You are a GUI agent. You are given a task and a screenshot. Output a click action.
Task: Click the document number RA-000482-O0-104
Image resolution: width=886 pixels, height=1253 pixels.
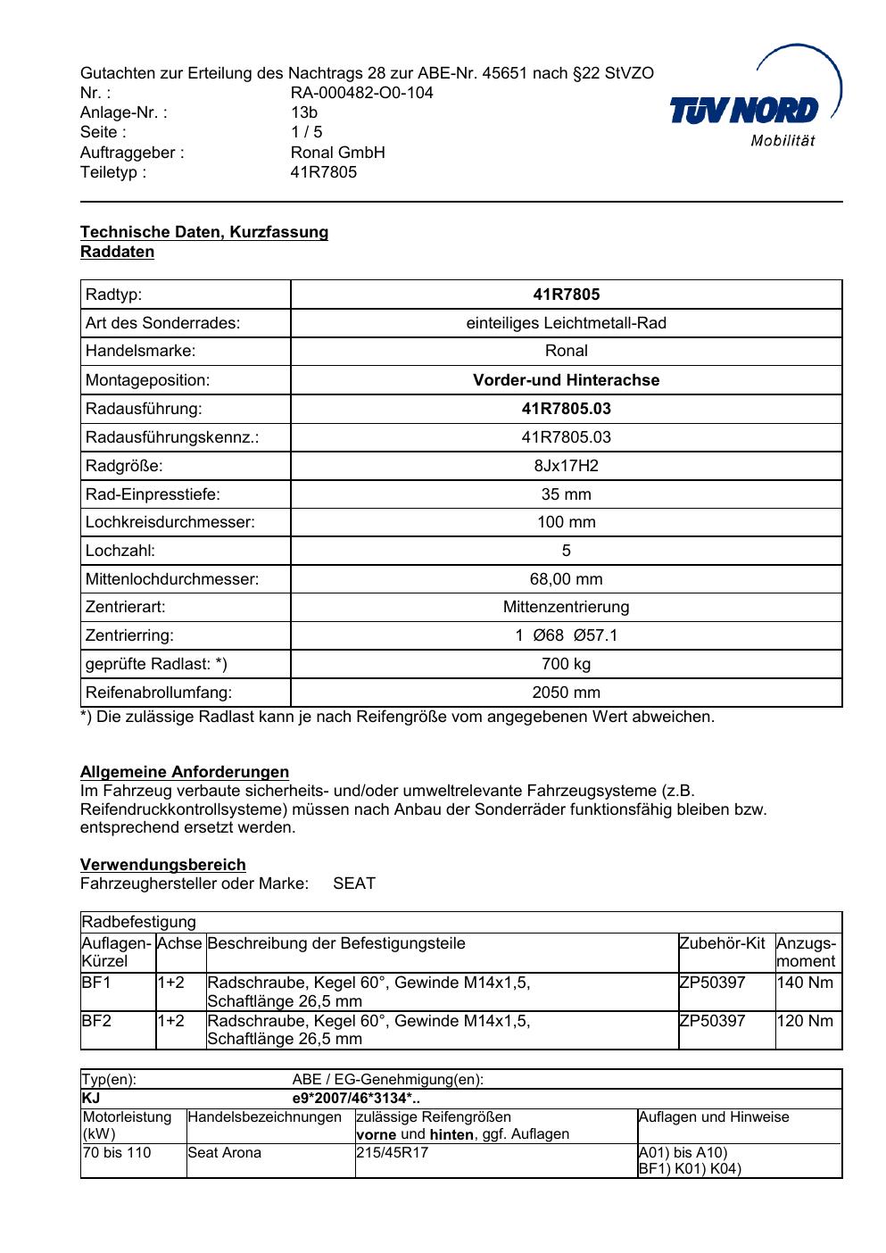pyautogui.click(x=361, y=93)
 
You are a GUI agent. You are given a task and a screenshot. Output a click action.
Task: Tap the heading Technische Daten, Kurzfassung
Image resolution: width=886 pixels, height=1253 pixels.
pyautogui.click(x=204, y=232)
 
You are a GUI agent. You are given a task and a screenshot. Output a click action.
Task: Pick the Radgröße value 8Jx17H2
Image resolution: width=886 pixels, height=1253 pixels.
pyautogui.click(x=566, y=466)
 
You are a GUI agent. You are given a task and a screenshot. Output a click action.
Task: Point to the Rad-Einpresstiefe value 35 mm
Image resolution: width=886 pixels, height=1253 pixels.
pyautogui.click(x=566, y=494)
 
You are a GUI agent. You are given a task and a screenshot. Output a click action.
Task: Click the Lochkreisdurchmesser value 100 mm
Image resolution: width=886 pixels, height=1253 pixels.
pyautogui.click(x=566, y=522)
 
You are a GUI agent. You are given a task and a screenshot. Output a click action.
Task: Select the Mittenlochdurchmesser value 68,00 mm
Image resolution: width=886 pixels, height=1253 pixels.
pyautogui.click(x=566, y=579)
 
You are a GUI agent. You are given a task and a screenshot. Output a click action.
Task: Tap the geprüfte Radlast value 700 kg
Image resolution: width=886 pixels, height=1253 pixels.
pyautogui.click(x=566, y=664)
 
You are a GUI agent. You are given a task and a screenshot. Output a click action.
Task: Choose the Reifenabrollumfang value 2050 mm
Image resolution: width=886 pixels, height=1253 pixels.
pyautogui.click(x=566, y=693)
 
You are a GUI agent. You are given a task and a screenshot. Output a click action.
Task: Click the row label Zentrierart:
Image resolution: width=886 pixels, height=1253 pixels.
pyautogui.click(x=126, y=607)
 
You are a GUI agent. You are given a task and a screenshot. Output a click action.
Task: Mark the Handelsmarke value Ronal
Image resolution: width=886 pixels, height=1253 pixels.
pyautogui.click(x=566, y=351)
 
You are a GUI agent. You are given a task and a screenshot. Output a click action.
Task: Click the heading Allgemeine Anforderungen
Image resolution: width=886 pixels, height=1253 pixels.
pyautogui.click(x=185, y=772)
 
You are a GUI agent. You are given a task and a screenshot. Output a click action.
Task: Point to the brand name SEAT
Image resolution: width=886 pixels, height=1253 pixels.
pyautogui.click(x=354, y=884)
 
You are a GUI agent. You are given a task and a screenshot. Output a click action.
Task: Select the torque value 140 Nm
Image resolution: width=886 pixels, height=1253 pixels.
pyautogui.click(x=805, y=983)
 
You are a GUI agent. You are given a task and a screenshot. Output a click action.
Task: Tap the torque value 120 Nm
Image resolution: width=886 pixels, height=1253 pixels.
pyautogui.click(x=805, y=1021)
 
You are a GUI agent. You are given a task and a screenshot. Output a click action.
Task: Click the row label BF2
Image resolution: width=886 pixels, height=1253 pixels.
pyautogui.click(x=96, y=1021)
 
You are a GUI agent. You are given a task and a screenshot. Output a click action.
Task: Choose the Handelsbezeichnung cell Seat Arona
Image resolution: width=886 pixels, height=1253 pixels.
pyautogui.click(x=225, y=1152)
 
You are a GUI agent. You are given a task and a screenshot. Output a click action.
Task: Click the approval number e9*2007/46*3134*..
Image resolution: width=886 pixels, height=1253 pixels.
pyautogui.click(x=356, y=1099)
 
